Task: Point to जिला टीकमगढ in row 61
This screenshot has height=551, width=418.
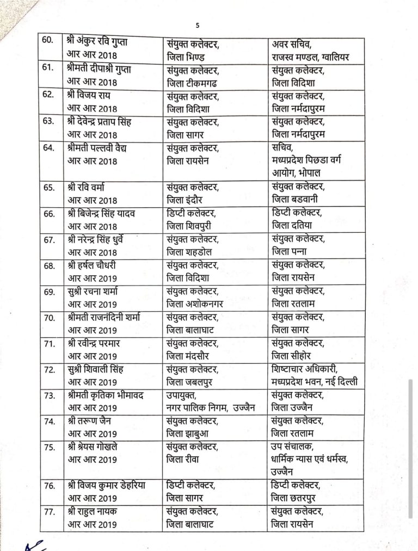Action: [x=196, y=82]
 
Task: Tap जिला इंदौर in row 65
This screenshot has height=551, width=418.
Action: [x=186, y=200]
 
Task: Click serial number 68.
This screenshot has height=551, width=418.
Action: [x=50, y=265]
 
